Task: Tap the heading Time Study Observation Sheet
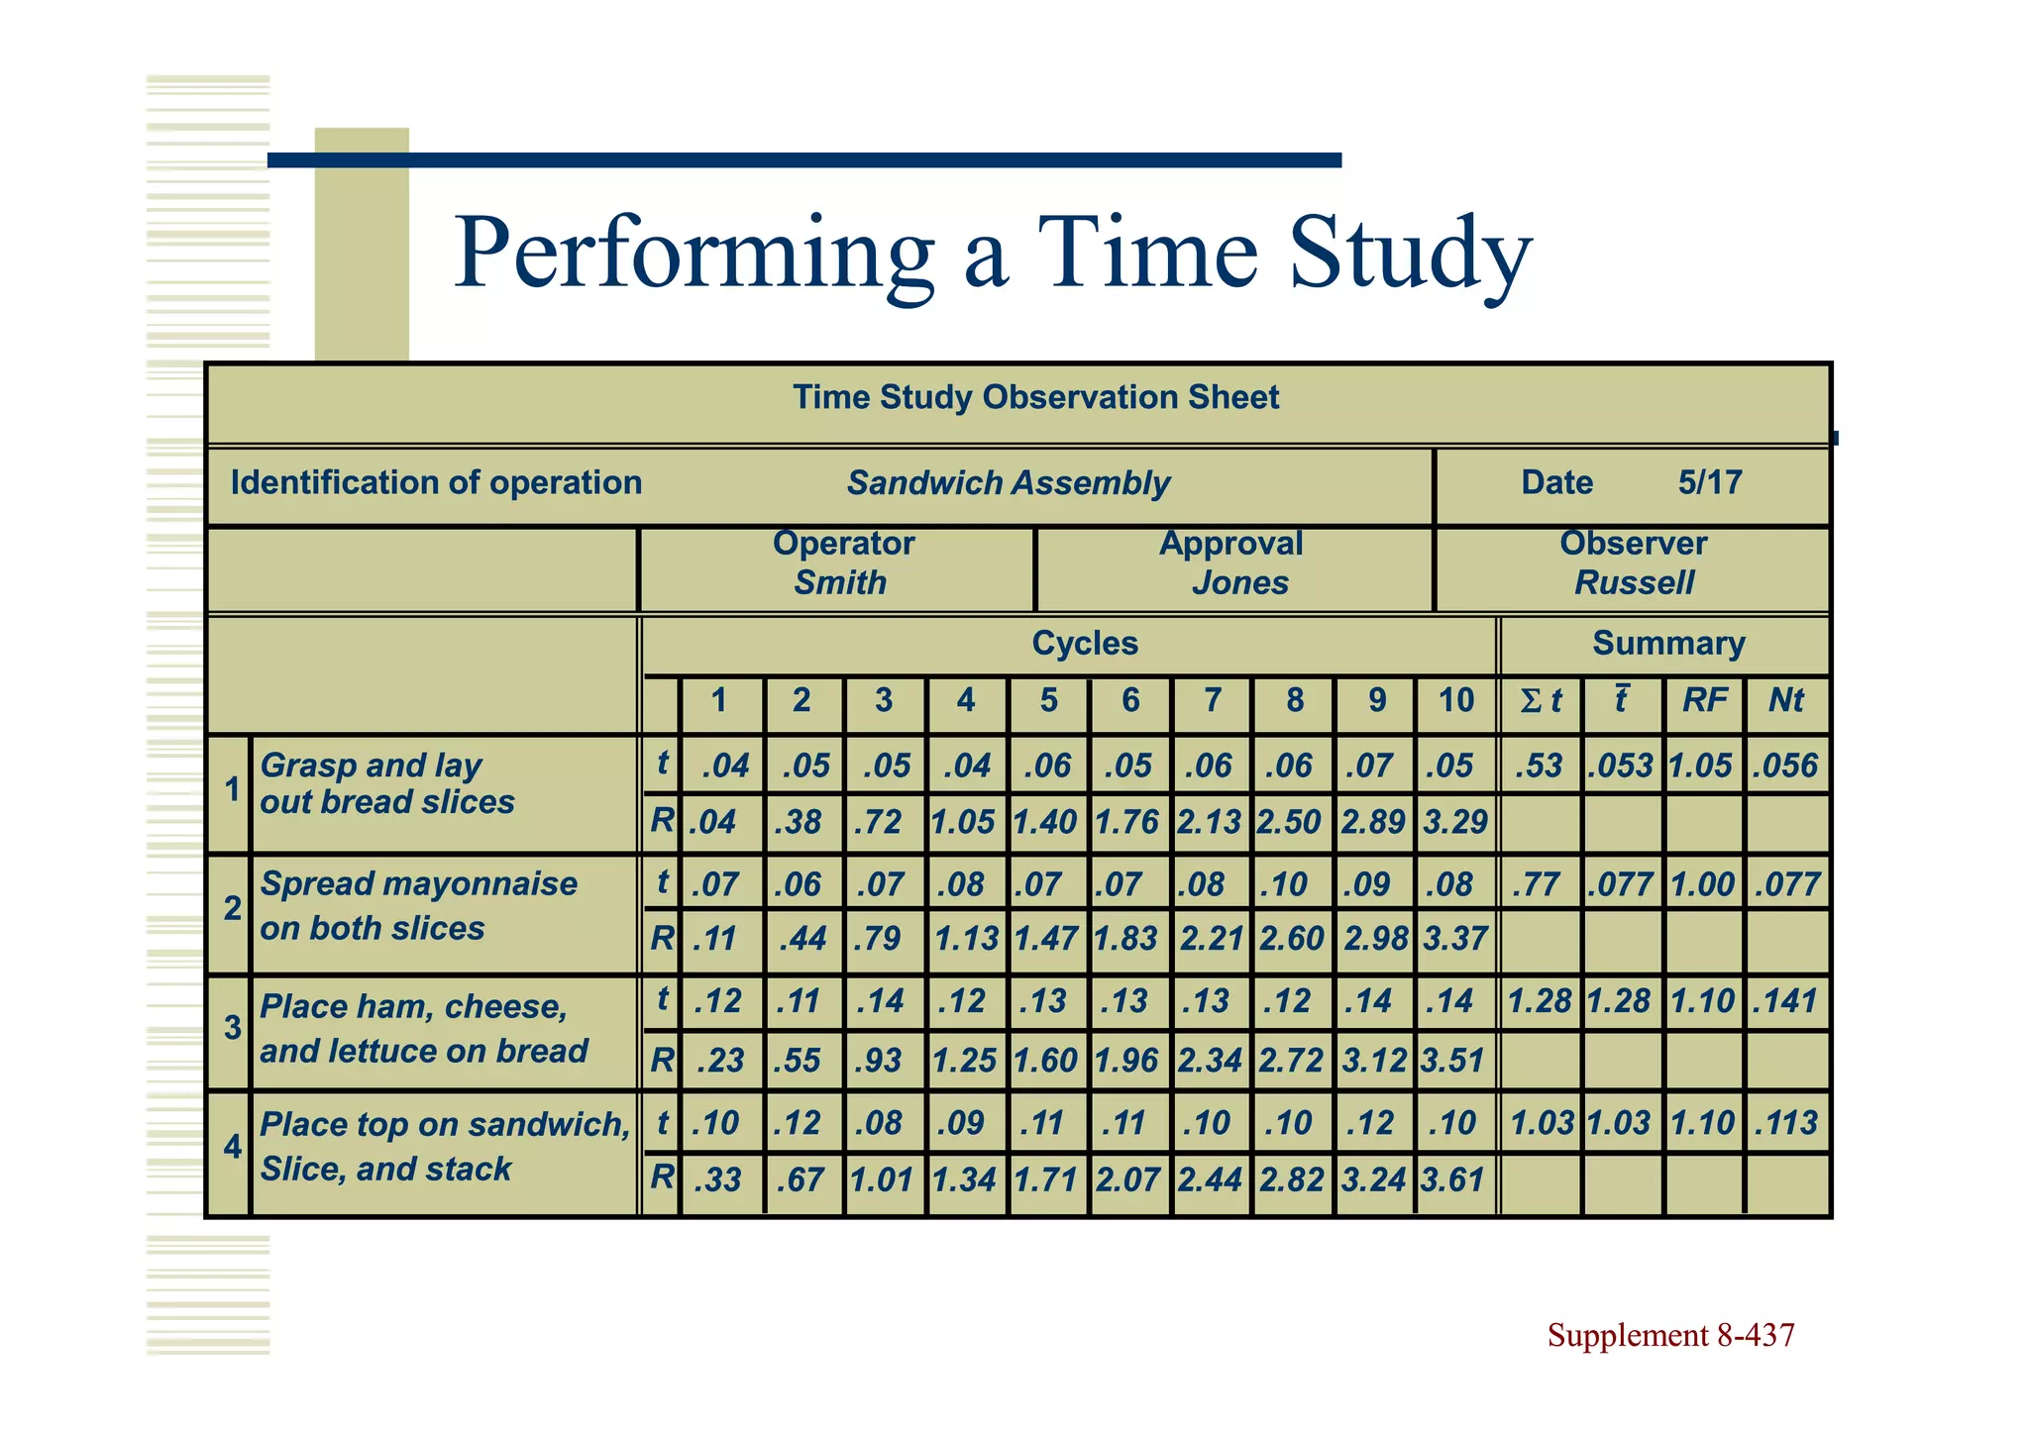coord(1035,398)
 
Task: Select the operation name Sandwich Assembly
coord(1008,483)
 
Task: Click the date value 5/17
coord(1709,482)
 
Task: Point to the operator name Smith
coord(839,582)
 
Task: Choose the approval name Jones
coord(1239,582)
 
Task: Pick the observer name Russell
coord(1634,582)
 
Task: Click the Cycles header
coord(1085,644)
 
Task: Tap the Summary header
coord(1667,644)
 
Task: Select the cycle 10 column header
coord(1455,701)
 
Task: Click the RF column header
coord(1704,701)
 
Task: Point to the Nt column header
coord(1785,701)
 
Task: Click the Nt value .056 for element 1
coord(1785,766)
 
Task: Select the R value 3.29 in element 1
coord(1455,822)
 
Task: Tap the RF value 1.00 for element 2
coord(1703,884)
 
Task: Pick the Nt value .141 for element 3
coord(1785,1001)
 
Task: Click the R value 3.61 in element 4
coord(1452,1179)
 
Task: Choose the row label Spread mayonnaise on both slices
coord(418,905)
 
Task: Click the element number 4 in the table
coord(232,1147)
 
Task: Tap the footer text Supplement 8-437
coord(1670,1336)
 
